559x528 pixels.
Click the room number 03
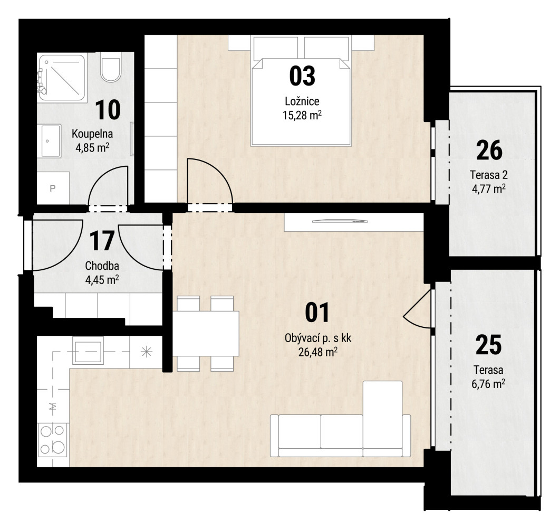(x=302, y=76)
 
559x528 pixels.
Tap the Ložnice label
(x=302, y=101)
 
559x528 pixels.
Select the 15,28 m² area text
(x=302, y=115)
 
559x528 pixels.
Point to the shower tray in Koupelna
(x=62, y=78)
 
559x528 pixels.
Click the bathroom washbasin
(x=51, y=140)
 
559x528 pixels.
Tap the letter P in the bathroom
(x=53, y=188)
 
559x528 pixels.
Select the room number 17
(x=102, y=241)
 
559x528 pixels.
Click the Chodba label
(x=102, y=266)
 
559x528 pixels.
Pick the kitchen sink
(x=88, y=351)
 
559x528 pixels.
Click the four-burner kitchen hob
(x=52, y=440)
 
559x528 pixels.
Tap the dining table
(x=206, y=334)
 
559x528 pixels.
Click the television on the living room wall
(x=340, y=221)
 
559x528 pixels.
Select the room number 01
(x=317, y=313)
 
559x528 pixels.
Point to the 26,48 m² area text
(x=318, y=352)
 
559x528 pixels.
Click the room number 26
(x=489, y=150)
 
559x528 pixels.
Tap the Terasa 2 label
(x=488, y=175)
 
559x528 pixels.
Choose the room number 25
(x=488, y=345)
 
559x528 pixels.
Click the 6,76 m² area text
(x=488, y=384)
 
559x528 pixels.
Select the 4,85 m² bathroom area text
(x=92, y=147)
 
